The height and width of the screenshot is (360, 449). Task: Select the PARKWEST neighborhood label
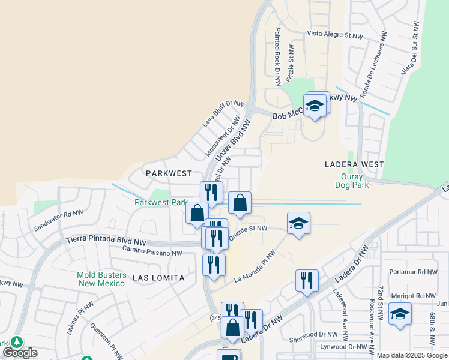pos(169,173)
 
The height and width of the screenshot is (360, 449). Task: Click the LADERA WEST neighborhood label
pos(354,164)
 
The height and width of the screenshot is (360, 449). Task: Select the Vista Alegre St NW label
pos(335,35)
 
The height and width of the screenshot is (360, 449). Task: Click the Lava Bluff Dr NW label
pos(223,113)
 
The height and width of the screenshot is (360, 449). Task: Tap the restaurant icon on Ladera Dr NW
pos(306,280)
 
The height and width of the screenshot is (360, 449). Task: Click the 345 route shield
pos(216,317)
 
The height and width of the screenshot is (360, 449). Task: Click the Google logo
pos(20,353)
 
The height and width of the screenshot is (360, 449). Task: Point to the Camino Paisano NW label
pos(152,253)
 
